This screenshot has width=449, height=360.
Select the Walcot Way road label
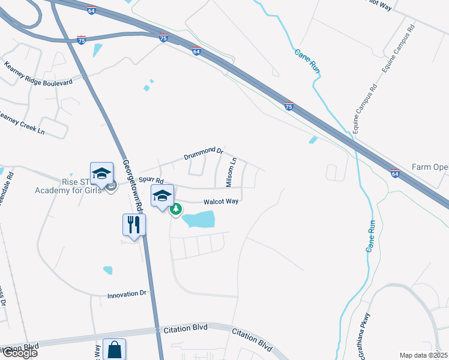point(221,202)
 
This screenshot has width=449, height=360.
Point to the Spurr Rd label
point(151,179)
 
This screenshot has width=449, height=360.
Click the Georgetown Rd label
point(133,184)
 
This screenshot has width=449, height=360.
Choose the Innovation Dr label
point(127,295)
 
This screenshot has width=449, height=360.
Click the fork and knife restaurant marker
point(134,225)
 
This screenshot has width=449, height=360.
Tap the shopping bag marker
point(114,349)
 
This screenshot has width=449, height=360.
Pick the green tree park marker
point(176,209)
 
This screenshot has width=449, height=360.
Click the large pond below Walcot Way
point(198,220)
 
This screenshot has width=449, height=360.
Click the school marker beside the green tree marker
point(162,196)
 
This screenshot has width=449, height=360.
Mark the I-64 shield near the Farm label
point(394,173)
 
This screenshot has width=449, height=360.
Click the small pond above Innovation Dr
point(107,270)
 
